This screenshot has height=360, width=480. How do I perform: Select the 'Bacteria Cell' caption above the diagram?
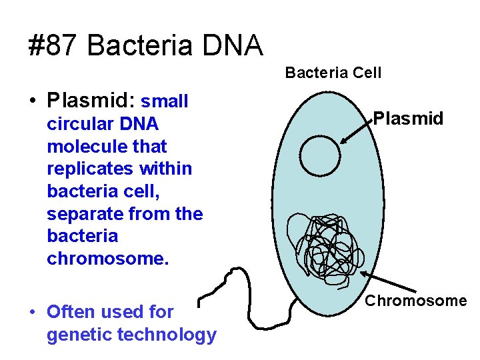333,73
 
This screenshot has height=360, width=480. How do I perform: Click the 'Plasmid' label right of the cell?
408,119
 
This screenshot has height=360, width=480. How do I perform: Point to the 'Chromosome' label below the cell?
415,301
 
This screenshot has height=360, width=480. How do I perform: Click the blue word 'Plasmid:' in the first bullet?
91,101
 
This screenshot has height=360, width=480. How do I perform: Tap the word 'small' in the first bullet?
165,101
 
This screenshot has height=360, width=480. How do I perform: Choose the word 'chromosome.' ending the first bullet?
108,258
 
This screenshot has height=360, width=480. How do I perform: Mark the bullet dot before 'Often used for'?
32,311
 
